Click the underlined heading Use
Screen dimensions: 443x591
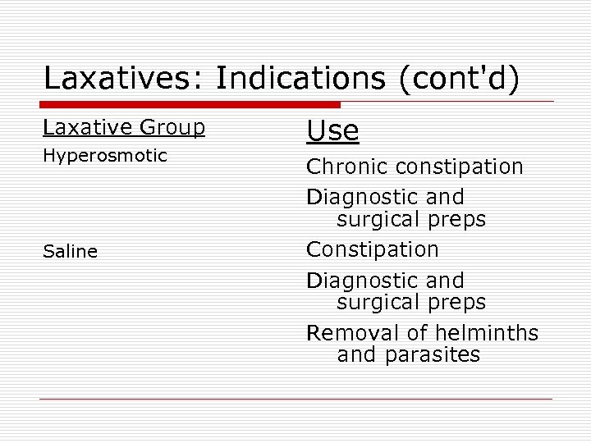pyautogui.click(x=332, y=130)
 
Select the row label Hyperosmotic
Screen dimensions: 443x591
pyautogui.click(x=104, y=156)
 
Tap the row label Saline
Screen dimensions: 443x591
pyautogui.click(x=70, y=252)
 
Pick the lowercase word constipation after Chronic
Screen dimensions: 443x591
pyautogui.click(x=460, y=167)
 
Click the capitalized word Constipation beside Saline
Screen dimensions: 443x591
pyautogui.click(x=373, y=249)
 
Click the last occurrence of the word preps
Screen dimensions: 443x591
pyautogui.click(x=456, y=303)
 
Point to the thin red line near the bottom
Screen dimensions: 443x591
pyautogui.click(x=295, y=400)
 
